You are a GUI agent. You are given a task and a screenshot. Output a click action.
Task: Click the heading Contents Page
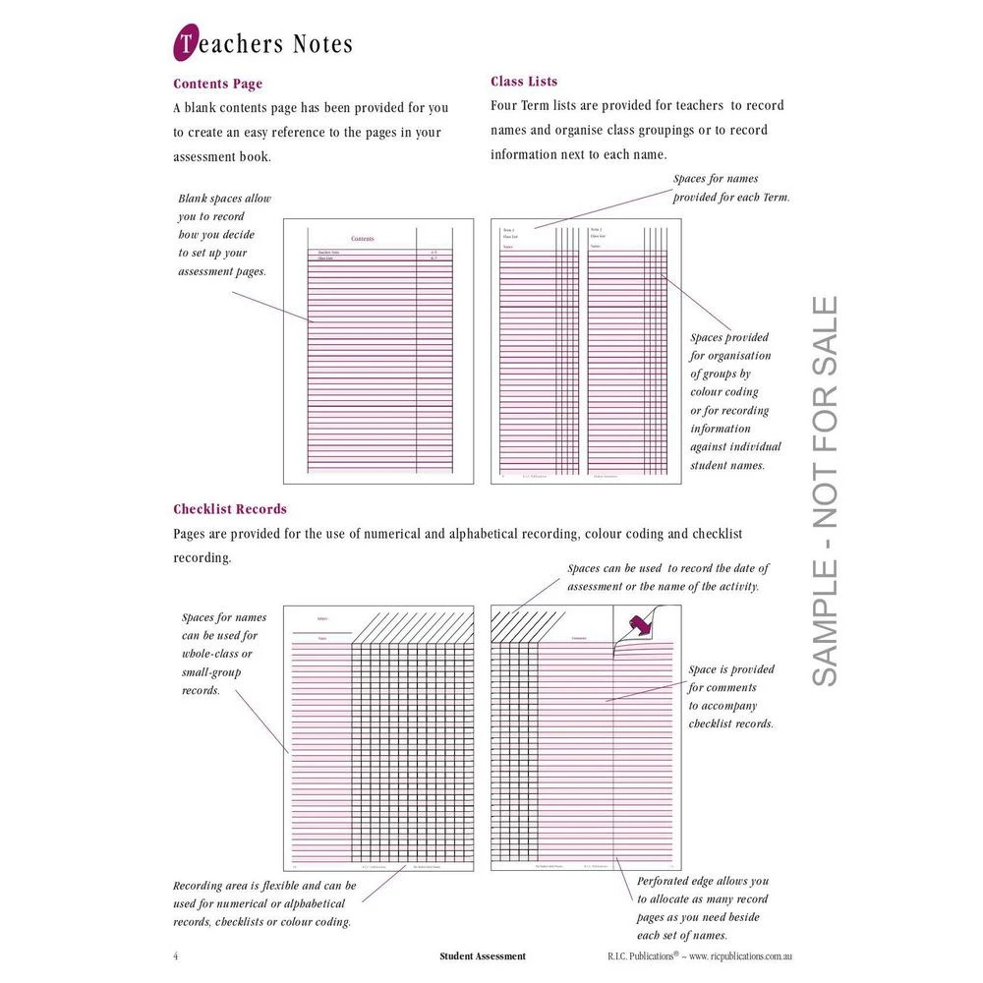217,84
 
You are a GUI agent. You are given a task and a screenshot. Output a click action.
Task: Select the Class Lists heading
524,82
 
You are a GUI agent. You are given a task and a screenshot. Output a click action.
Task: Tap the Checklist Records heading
230,509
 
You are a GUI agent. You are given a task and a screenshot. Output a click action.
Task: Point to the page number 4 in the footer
176,955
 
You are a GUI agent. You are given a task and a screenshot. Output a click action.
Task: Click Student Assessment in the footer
483,955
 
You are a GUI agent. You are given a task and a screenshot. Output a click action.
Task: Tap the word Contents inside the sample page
362,239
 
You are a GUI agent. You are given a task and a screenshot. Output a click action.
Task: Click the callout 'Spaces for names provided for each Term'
730,188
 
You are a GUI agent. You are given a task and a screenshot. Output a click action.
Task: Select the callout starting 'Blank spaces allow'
224,235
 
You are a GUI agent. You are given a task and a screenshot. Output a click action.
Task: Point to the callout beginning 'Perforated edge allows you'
702,908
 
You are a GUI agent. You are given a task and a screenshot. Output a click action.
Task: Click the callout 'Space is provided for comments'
730,696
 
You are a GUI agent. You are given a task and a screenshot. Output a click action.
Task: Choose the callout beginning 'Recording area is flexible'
263,903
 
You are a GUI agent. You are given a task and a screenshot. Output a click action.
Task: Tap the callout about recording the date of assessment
667,577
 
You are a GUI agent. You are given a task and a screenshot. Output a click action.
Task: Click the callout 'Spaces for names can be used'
223,654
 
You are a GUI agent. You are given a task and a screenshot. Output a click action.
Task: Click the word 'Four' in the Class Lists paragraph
505,105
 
